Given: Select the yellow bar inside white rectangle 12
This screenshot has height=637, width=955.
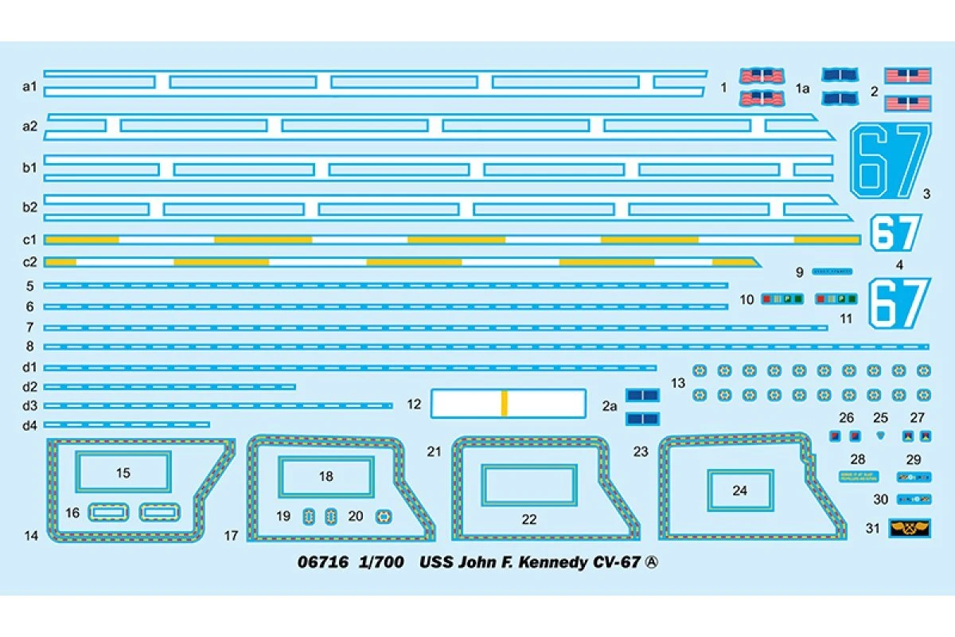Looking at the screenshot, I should pos(504,404).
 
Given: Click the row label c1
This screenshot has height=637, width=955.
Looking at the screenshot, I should pos(30,240).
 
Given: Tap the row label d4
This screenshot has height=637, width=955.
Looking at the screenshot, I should pos(30,425).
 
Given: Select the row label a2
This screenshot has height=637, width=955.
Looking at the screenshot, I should pos(30,126).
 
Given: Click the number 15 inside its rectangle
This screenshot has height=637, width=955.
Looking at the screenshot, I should pos(123,473).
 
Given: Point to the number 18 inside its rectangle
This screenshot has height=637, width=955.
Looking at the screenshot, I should pos(325,477).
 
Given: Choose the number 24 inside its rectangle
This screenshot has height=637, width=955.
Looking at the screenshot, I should pos(739,490).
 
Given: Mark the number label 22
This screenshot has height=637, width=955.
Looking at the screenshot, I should pos(529,520).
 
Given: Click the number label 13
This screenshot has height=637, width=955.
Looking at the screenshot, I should pos(678,383).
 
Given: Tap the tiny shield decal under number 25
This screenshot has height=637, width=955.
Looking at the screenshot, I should pos(879,436).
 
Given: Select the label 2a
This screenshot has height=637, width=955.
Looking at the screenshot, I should pos(610,406).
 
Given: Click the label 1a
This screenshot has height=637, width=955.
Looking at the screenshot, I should pos(803,88).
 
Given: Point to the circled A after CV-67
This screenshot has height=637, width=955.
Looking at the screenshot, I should pos(652,563).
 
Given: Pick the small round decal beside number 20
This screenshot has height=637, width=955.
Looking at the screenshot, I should pos(383,517).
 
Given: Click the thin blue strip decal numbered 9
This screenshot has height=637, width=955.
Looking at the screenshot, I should pos(832,272).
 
